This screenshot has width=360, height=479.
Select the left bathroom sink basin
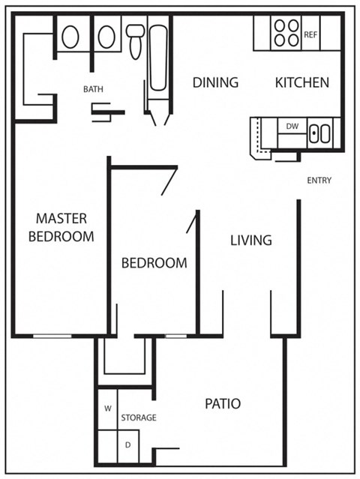click(x=70, y=37)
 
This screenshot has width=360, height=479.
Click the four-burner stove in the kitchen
click(x=286, y=33)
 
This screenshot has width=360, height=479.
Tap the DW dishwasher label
click(x=292, y=127)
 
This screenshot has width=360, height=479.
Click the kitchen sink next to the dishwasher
click(x=320, y=134)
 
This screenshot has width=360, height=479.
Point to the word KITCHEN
click(x=301, y=82)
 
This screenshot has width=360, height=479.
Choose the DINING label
click(x=215, y=82)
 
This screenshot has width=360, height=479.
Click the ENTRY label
click(x=319, y=181)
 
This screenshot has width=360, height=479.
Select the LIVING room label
click(x=250, y=241)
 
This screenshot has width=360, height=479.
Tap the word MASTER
click(x=61, y=219)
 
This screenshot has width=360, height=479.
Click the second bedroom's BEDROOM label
click(x=154, y=263)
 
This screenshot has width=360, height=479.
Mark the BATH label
click(x=93, y=89)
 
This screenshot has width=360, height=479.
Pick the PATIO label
click(x=223, y=404)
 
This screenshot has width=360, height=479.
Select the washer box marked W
click(x=107, y=409)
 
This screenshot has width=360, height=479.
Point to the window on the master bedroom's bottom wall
click(x=52, y=336)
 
